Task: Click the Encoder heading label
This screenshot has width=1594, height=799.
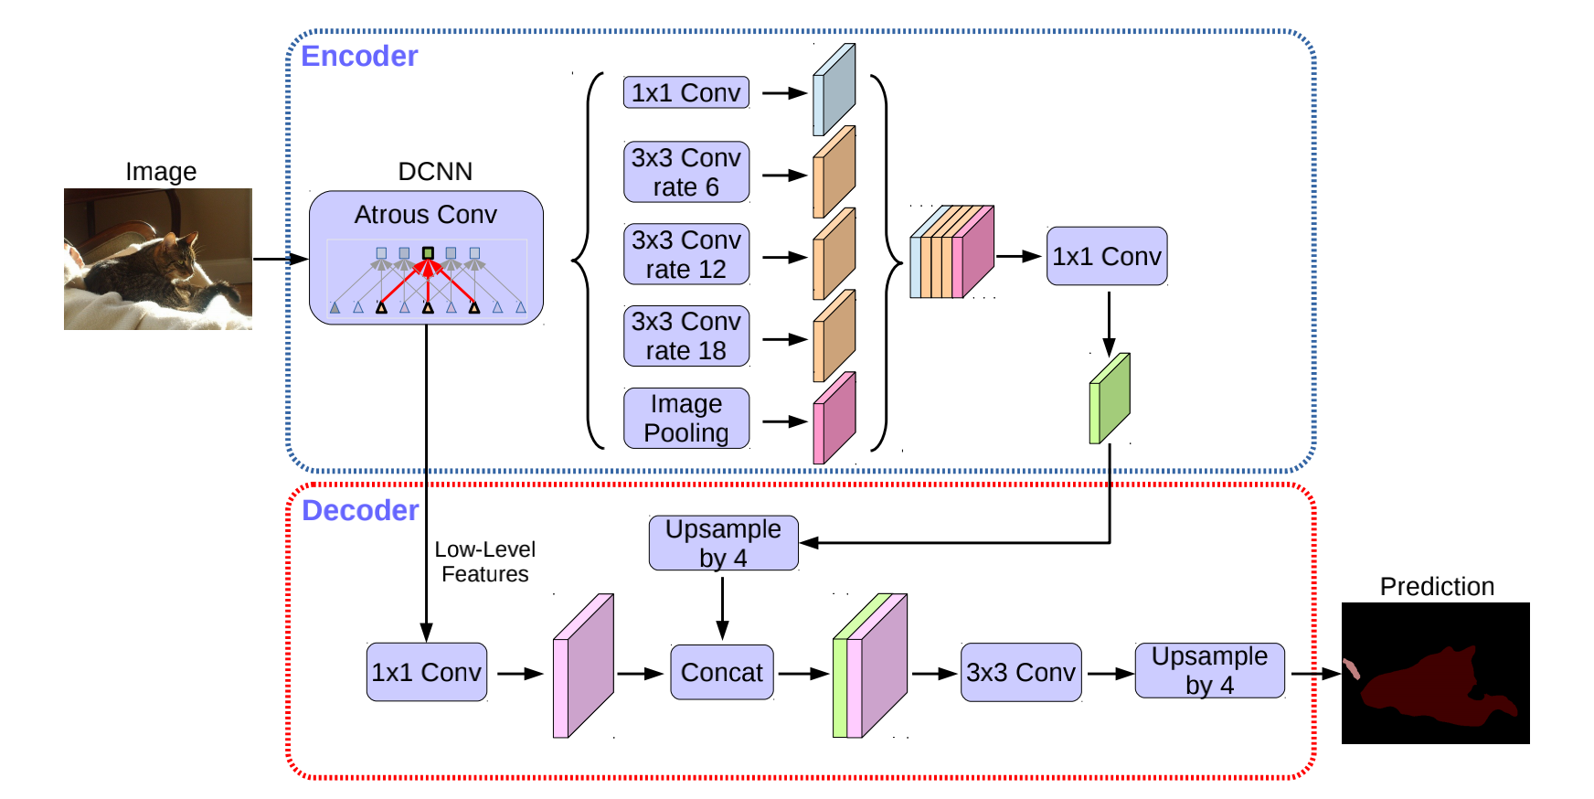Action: tap(359, 57)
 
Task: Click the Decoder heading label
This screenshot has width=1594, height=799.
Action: tap(360, 510)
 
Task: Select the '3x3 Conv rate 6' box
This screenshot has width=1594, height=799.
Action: tap(685, 172)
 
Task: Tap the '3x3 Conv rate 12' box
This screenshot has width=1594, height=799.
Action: tap(685, 254)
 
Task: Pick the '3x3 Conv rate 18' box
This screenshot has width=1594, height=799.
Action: tap(685, 336)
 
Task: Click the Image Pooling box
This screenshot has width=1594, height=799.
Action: tap(685, 418)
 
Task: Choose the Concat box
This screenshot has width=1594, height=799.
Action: tap(721, 672)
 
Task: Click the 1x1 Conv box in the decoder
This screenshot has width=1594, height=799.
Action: tap(426, 672)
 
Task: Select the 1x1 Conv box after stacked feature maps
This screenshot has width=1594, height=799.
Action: tap(1106, 256)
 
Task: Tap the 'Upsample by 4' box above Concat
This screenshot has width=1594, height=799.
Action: tap(723, 543)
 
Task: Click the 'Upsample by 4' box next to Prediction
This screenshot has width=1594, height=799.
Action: tap(1209, 670)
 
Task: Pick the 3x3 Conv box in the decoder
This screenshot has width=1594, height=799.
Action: tap(1021, 672)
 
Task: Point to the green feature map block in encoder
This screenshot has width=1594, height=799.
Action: tap(1110, 399)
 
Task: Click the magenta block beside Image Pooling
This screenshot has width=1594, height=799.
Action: tap(834, 419)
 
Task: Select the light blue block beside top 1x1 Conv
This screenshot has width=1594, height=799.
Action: tap(834, 90)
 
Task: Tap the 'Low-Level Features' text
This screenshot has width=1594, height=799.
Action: tap(484, 561)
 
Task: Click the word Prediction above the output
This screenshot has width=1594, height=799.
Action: tap(1437, 586)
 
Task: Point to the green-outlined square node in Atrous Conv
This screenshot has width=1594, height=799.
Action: tap(428, 252)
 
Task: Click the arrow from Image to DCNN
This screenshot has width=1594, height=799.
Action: tap(280, 259)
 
